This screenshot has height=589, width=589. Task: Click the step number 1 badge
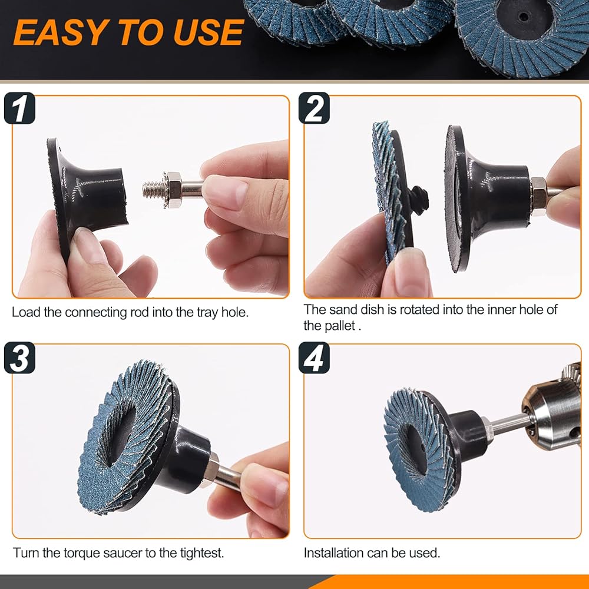(x=19, y=108)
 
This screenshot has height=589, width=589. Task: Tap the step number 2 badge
(x=314, y=108)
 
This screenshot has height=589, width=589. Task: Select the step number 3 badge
(x=19, y=358)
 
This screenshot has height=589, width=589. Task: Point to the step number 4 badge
(x=314, y=358)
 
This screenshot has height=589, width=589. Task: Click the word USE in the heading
(x=209, y=32)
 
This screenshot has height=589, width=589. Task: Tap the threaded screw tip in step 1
(x=153, y=189)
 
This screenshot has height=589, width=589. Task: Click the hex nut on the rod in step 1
(x=174, y=190)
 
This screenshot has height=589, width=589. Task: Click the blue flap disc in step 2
(x=391, y=191)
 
